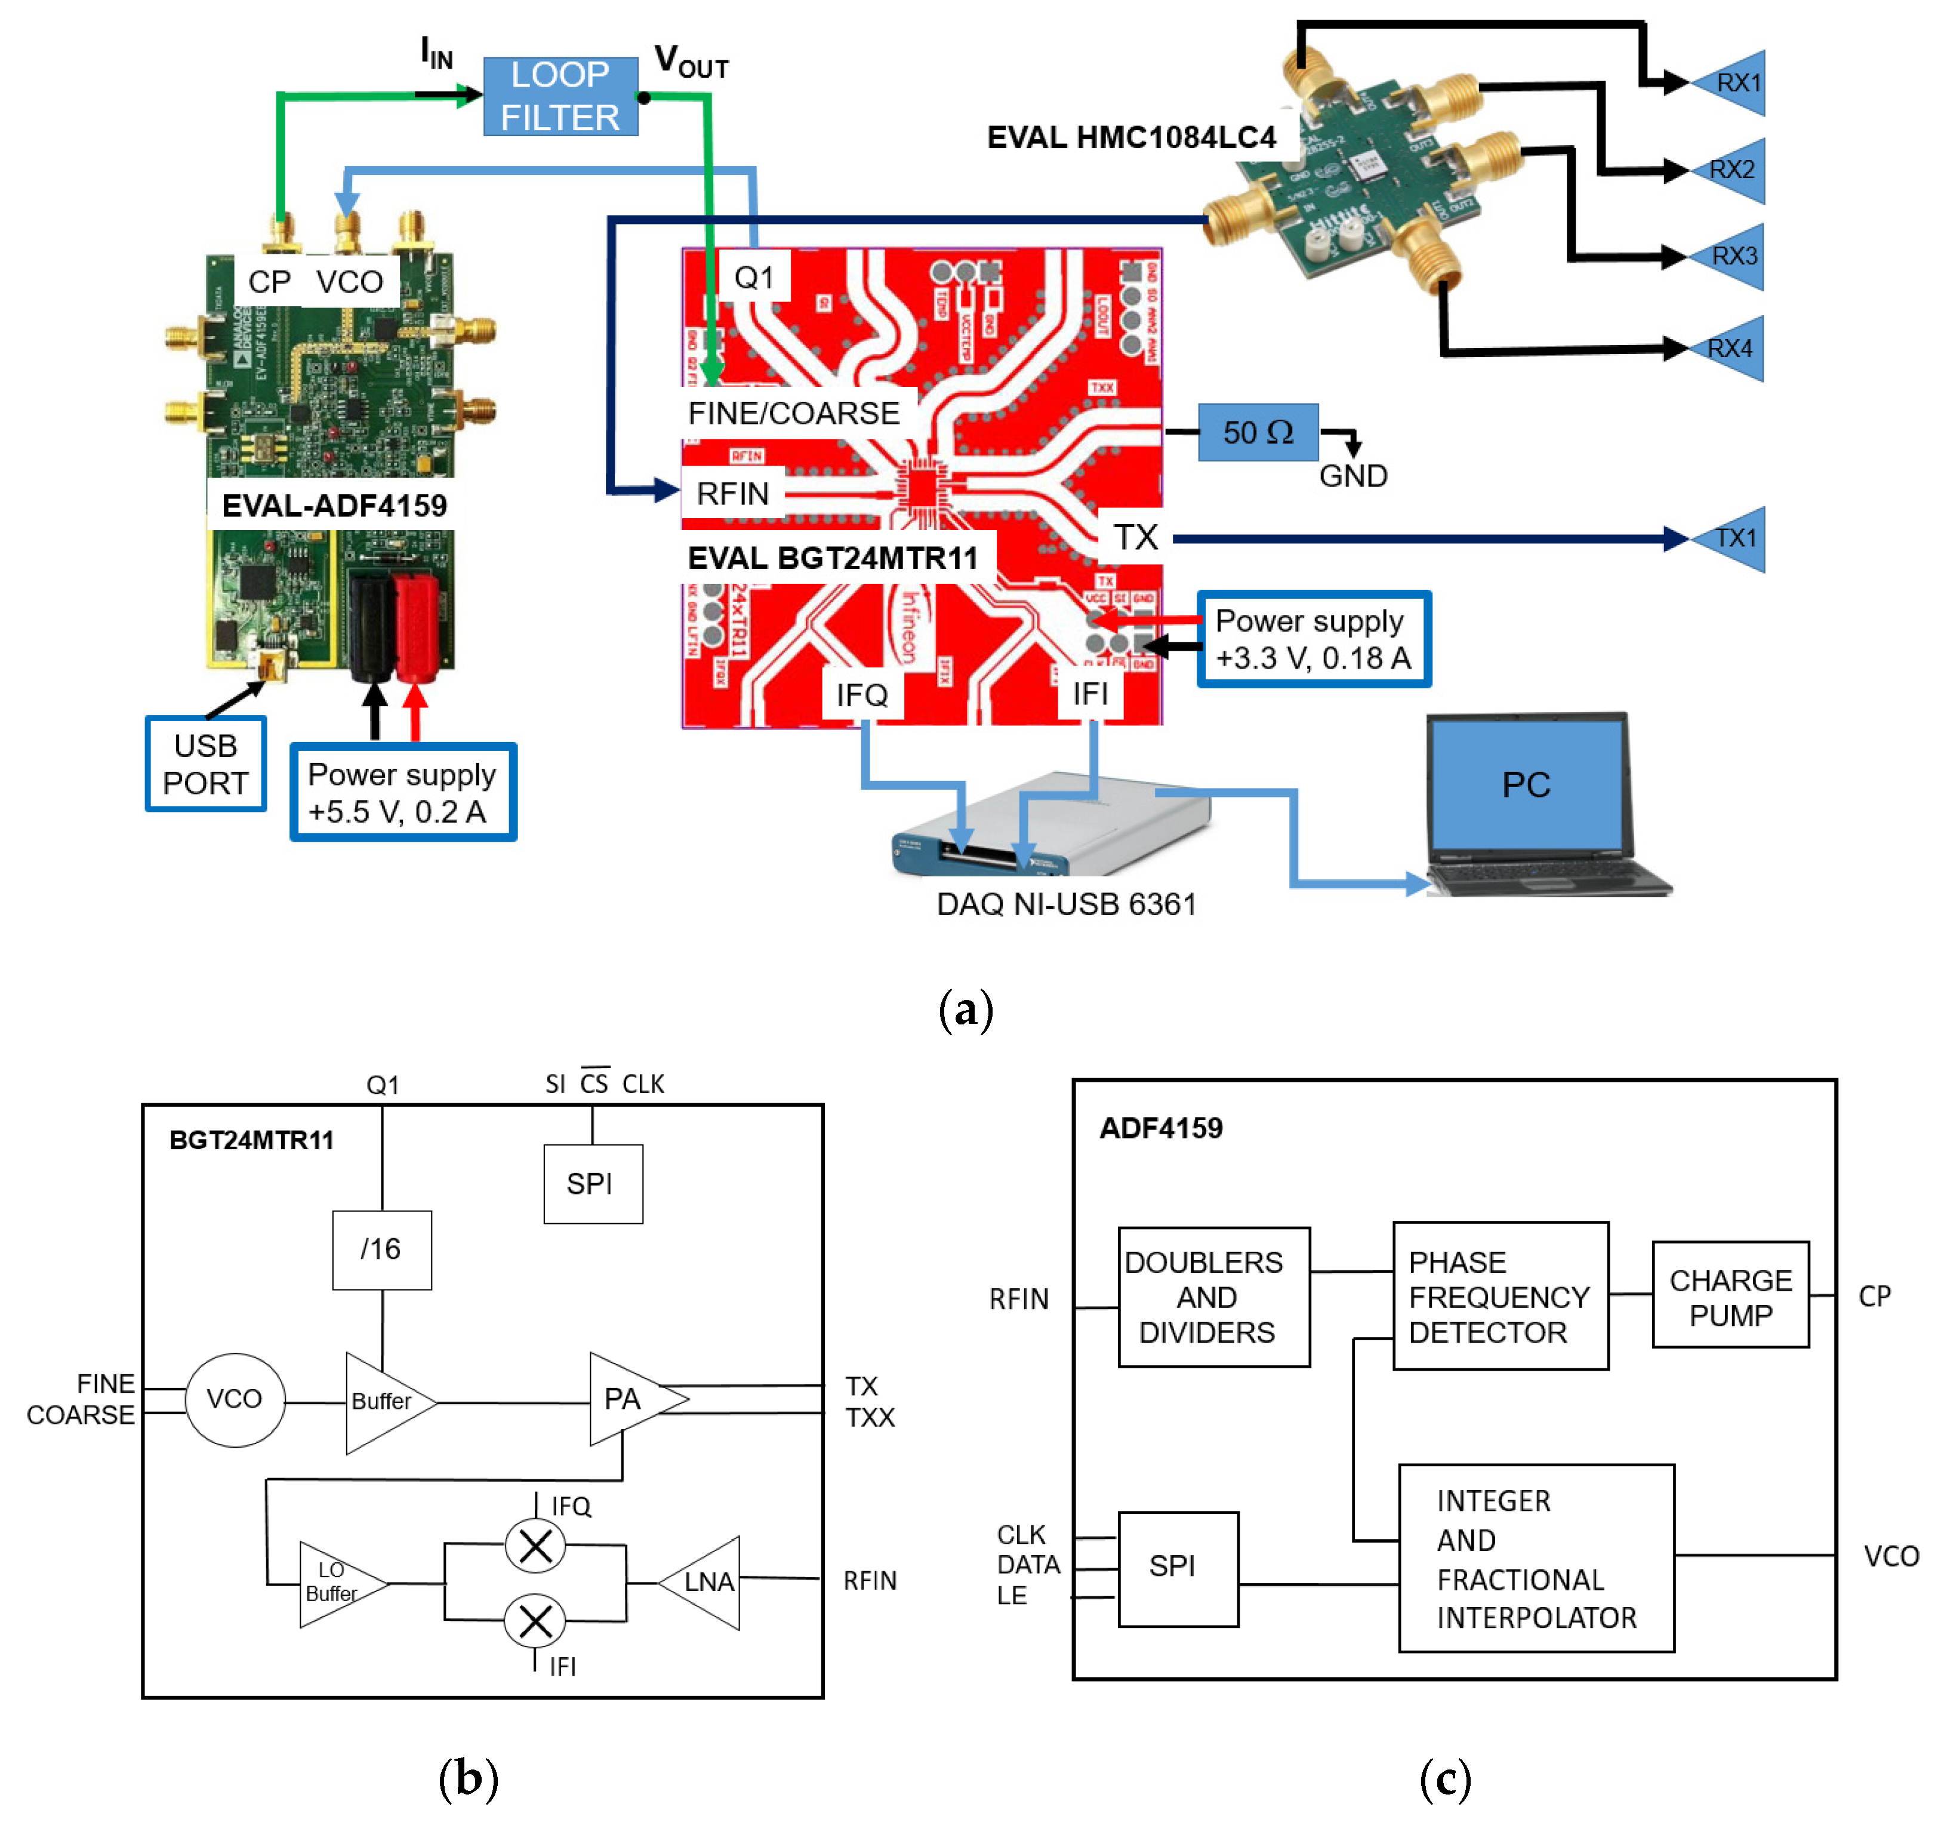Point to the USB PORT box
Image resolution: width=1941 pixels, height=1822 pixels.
[x=205, y=764]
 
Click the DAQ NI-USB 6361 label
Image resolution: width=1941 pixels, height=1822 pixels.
[x=1066, y=904]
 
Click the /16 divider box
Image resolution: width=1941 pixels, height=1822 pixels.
[x=382, y=1250]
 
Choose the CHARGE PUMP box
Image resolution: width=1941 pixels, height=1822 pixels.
[x=1730, y=1295]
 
